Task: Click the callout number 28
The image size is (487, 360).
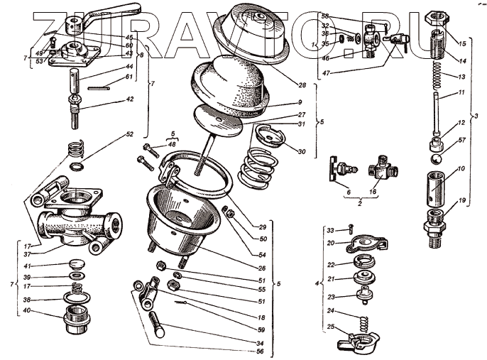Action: pyautogui.click(x=302, y=85)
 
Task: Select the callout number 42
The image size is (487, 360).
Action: pyautogui.click(x=129, y=100)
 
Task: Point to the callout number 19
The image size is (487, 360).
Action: pyautogui.click(x=461, y=202)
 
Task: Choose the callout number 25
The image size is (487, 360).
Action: pyautogui.click(x=331, y=327)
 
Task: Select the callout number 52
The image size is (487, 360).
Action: pyautogui.click(x=129, y=134)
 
